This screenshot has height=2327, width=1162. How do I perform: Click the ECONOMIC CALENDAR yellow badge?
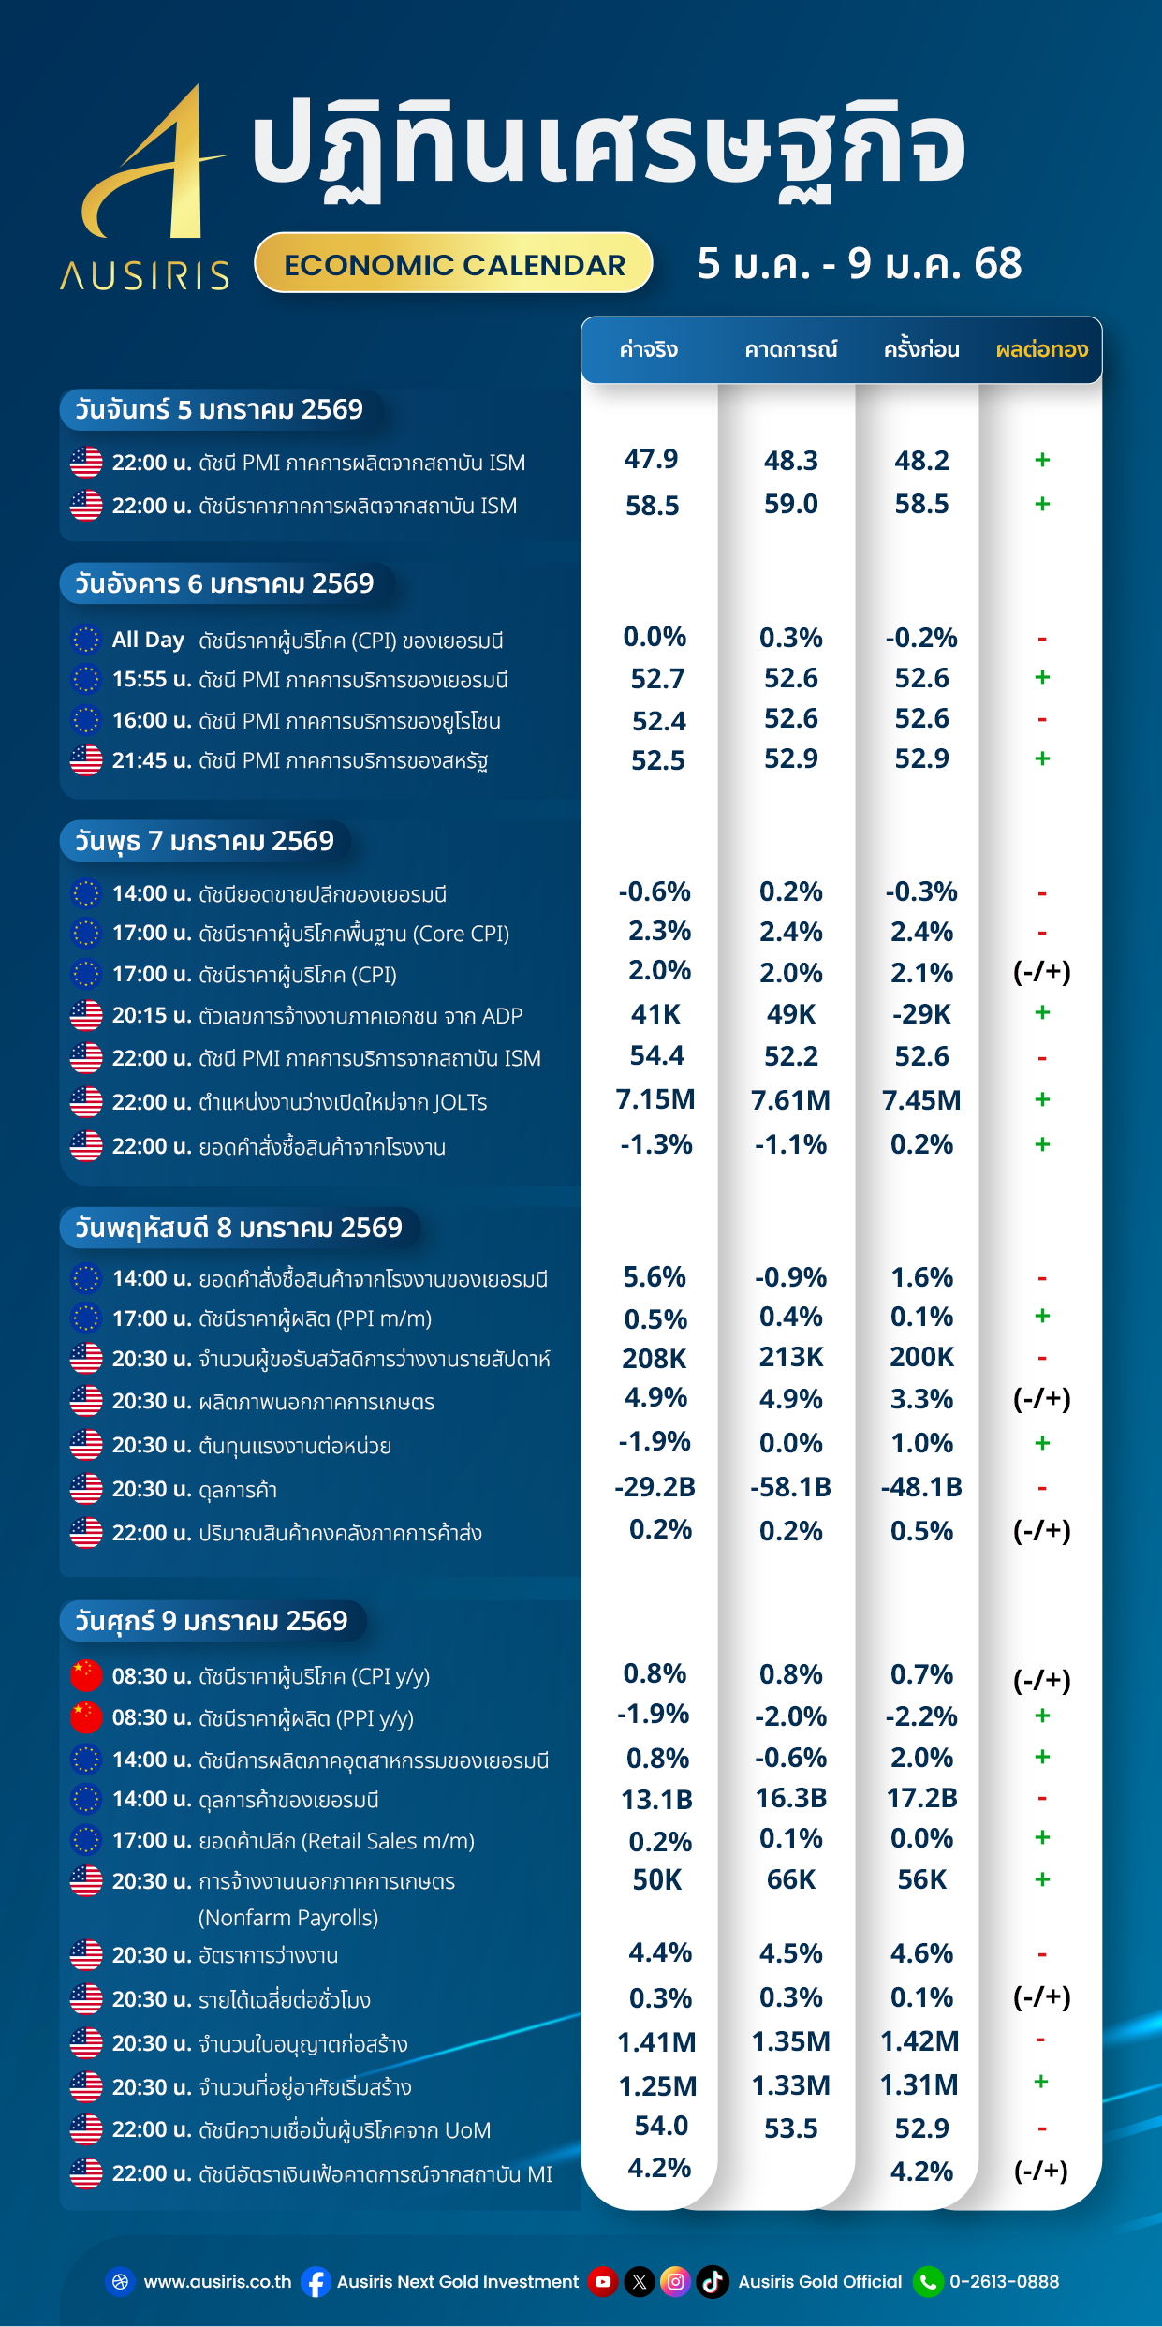454,264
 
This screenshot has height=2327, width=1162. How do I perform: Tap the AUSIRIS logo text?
145,275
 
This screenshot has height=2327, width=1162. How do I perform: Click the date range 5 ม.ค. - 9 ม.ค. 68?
859,264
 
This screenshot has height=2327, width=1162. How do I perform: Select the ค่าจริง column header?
648,350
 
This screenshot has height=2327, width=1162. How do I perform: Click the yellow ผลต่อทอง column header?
1041,350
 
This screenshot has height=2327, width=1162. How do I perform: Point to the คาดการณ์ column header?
790,350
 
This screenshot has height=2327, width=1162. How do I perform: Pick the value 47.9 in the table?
651,459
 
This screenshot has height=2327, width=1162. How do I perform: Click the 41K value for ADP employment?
655,1014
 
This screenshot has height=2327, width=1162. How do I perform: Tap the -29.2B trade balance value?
655,1487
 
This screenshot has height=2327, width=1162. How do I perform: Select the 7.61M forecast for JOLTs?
790,1100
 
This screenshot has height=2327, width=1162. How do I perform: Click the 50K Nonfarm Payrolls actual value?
656,1879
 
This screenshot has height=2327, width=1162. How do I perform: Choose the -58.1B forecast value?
790,1487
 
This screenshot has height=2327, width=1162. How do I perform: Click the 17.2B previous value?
921,1798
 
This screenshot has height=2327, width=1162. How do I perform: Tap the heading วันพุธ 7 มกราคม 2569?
204,841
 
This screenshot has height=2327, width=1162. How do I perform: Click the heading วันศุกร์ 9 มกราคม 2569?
211,1621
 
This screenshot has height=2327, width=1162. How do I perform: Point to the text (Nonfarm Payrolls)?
288,1918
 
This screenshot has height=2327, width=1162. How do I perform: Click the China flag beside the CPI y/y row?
86,1676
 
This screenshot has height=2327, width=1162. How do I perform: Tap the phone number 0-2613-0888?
1004,2282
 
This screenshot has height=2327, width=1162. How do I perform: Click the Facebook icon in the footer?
316,2282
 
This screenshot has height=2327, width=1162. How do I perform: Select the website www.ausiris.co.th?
217,2282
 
